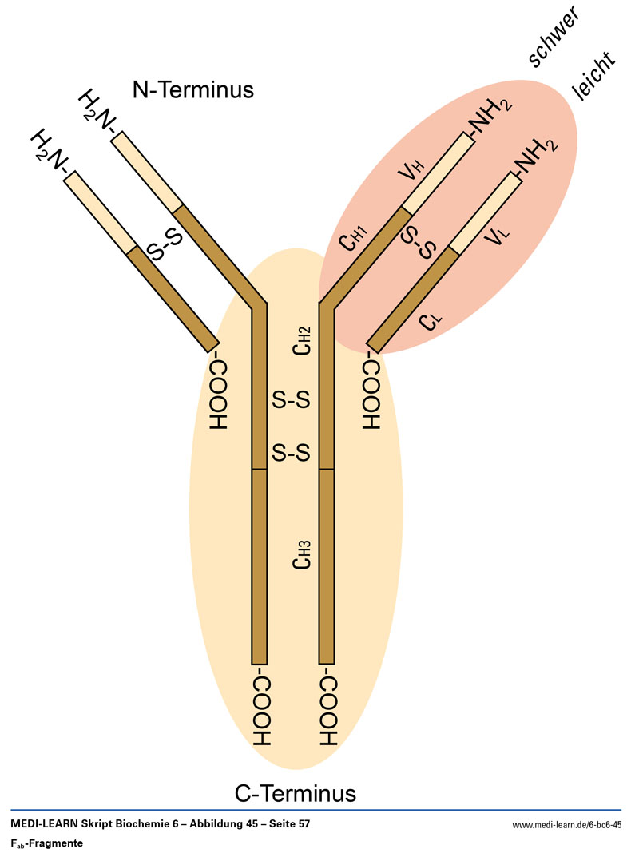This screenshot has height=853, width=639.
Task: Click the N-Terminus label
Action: coord(192,89)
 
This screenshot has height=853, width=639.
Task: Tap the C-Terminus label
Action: coord(295,794)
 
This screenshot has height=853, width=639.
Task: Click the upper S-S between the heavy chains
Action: coord(291,400)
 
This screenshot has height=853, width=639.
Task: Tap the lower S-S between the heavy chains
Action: coord(291,454)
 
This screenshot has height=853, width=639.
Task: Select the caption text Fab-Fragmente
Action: coord(46,843)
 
